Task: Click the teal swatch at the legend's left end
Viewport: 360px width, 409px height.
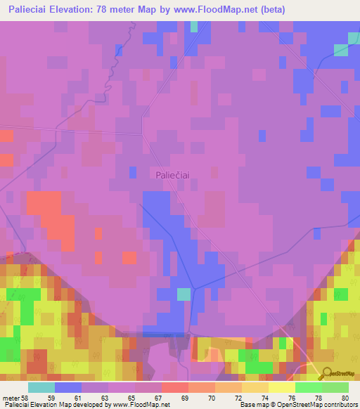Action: [x=41, y=387]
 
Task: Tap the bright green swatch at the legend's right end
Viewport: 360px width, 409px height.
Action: [x=335, y=387]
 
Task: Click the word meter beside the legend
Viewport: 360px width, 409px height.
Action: [x=12, y=398]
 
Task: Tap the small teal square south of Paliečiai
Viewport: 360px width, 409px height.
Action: [x=184, y=294]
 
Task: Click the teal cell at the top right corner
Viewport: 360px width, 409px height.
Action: [x=341, y=49]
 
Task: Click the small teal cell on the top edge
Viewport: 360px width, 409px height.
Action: [x=193, y=26]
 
